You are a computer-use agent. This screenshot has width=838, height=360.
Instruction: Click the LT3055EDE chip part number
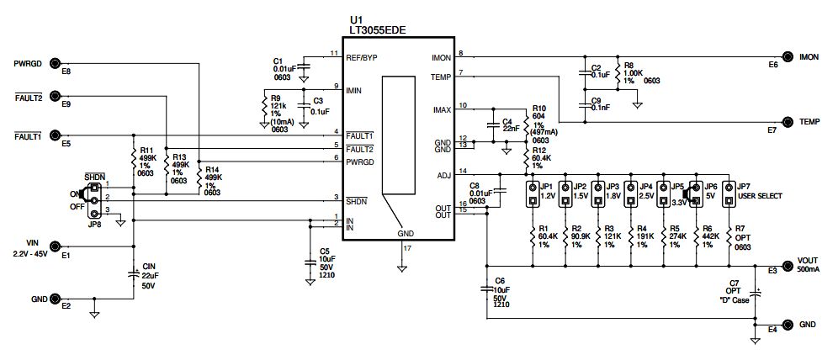click(378, 29)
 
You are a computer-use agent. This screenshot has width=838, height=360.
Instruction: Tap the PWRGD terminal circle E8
click(56, 63)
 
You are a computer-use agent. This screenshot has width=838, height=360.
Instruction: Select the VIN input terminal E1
click(56, 246)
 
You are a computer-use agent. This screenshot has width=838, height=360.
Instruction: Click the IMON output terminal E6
click(788, 56)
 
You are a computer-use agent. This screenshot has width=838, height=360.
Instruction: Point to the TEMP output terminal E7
click(788, 122)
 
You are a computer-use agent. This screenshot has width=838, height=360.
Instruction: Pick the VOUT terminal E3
click(788, 267)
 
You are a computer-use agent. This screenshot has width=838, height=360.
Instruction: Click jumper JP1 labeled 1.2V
click(533, 195)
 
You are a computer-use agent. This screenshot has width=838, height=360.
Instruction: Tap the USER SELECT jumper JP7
click(729, 195)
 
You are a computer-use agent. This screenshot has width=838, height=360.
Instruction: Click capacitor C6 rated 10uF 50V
click(486, 289)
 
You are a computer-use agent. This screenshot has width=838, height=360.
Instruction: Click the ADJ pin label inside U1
click(443, 174)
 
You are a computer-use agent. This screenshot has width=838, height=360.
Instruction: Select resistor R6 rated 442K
click(697, 238)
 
